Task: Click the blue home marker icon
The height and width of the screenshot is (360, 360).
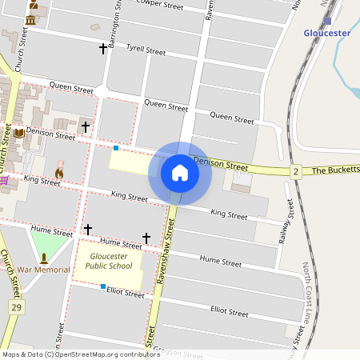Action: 180,173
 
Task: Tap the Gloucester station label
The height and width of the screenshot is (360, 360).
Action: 327,33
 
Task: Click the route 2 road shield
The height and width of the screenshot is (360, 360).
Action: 295,171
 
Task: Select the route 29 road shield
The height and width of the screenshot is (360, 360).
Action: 16,306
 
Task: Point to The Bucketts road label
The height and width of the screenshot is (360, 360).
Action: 336,170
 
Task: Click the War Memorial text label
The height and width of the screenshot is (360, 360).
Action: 44,270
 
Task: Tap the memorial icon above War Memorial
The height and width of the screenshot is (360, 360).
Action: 44,258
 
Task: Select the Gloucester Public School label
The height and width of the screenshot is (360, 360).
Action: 110,261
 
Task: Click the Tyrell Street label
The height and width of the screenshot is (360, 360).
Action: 146,50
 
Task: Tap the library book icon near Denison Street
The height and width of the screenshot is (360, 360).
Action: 19,133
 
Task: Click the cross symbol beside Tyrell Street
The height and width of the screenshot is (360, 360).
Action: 103,49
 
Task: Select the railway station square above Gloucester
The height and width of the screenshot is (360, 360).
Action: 327,21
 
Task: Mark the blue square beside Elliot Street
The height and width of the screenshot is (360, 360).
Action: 103,286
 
